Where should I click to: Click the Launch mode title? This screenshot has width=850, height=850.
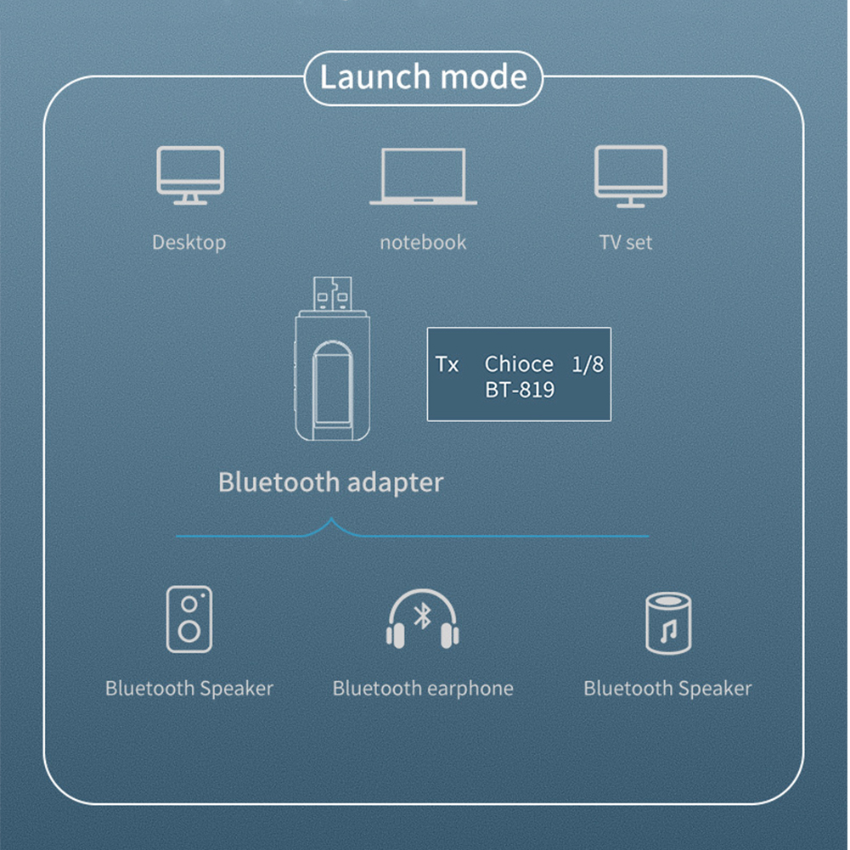[x=423, y=77]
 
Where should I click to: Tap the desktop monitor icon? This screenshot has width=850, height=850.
[x=190, y=175]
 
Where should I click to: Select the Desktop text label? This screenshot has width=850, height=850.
[x=189, y=242]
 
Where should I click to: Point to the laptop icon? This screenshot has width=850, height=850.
[x=423, y=177]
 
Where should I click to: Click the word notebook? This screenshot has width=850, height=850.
[x=423, y=242]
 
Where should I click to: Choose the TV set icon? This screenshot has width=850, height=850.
[x=630, y=176]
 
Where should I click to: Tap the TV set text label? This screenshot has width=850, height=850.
[x=626, y=242]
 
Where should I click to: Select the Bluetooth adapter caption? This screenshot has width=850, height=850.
[x=330, y=482]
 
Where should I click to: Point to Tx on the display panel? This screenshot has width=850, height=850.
[x=447, y=364]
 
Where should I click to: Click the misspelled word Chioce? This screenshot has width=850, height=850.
[x=519, y=364]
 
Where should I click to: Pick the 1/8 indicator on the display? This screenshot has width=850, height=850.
[x=588, y=364]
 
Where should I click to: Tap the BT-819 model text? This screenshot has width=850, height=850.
[x=520, y=390]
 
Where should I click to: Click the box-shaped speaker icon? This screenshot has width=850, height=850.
[x=189, y=619]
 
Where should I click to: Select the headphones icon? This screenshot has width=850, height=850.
[x=422, y=620]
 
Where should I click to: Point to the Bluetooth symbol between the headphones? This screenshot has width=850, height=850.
[x=422, y=616]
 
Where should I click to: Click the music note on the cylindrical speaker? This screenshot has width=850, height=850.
[x=669, y=630]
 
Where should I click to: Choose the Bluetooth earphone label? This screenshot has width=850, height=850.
[x=423, y=688]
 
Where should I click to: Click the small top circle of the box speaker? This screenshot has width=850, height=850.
[x=189, y=602]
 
